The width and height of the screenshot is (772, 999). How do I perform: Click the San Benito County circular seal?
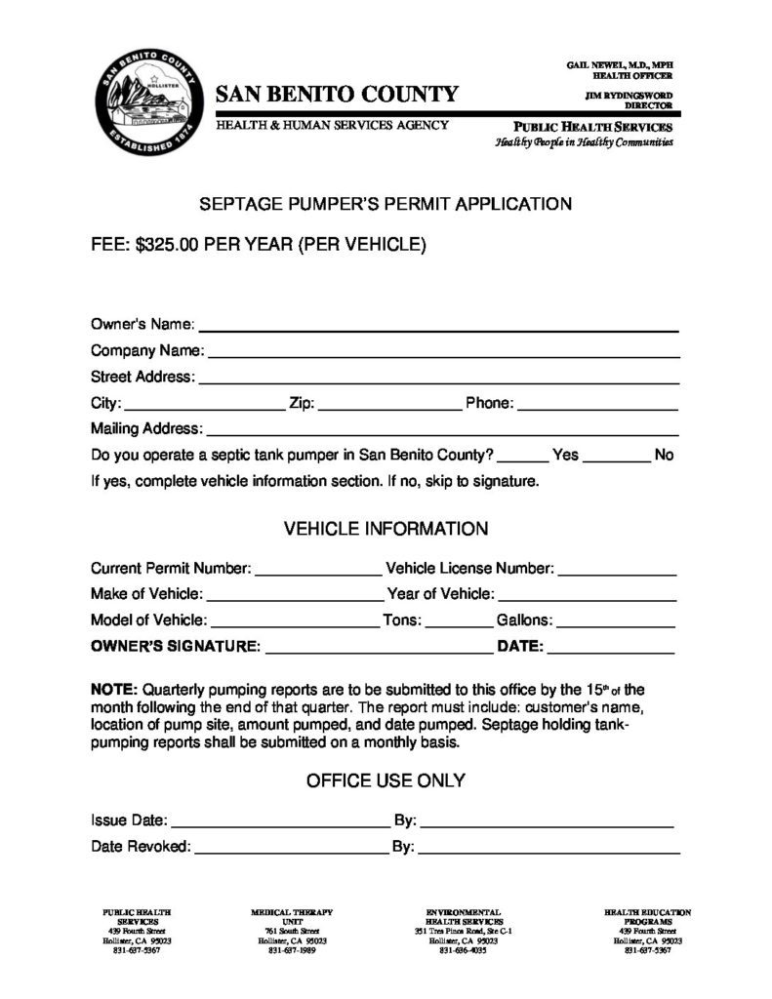point(147,104)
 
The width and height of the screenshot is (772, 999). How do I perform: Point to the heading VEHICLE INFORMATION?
point(386,530)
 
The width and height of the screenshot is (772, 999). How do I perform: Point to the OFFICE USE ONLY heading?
point(386,781)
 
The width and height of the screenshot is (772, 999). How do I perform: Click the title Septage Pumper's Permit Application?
point(386,205)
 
